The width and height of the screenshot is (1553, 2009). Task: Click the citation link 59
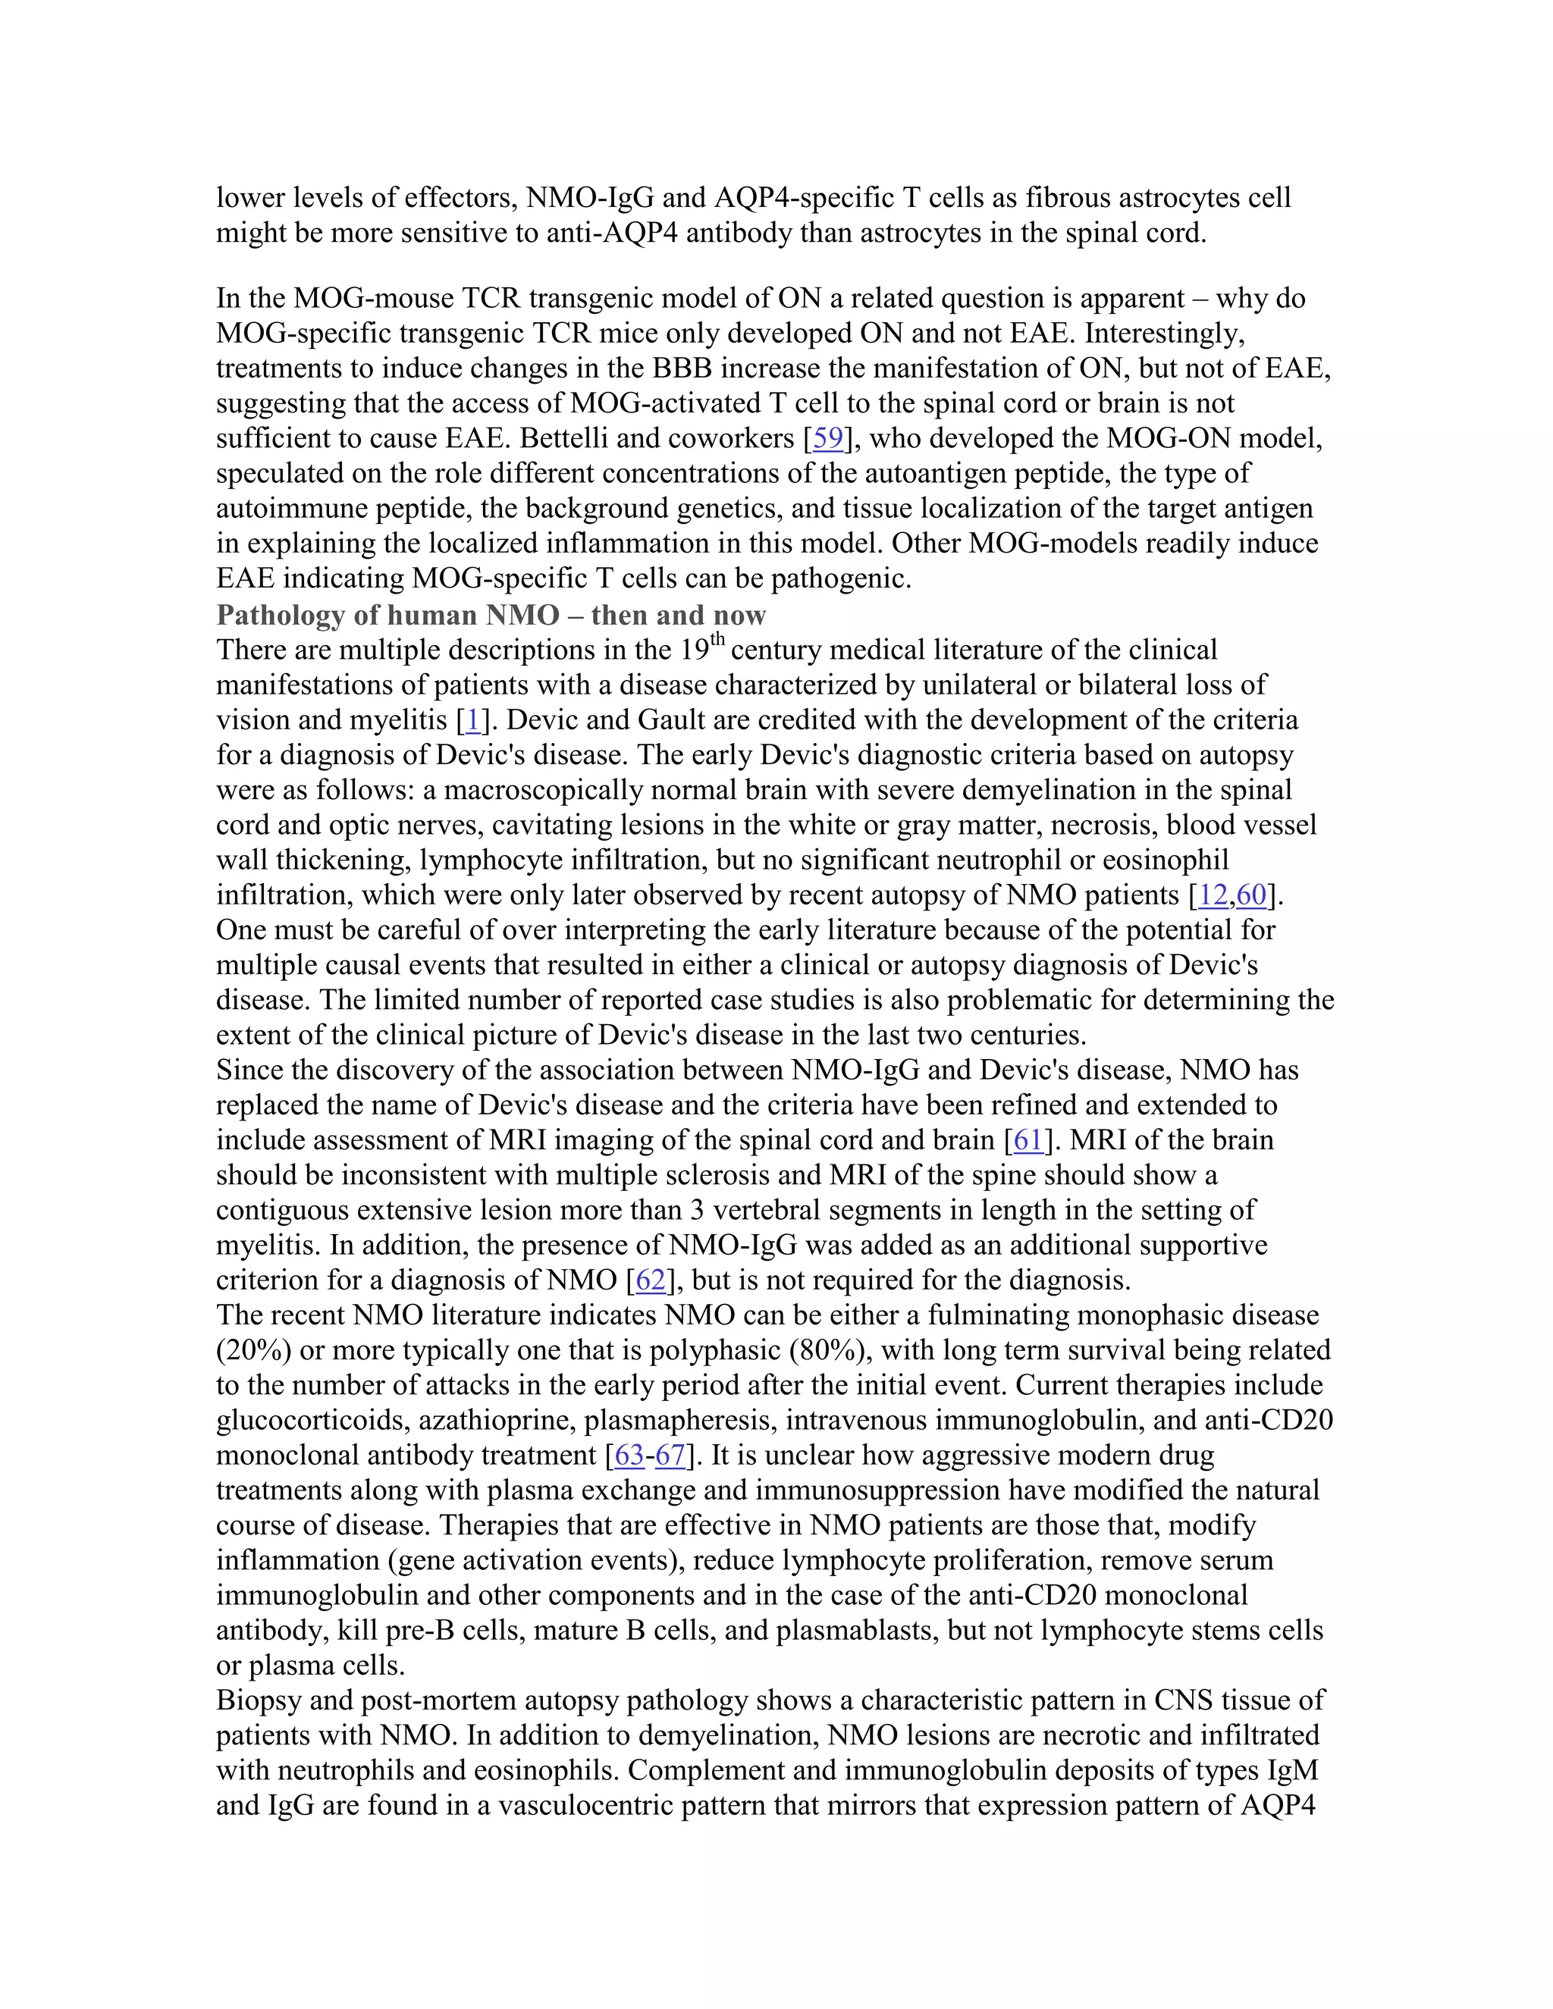click(828, 439)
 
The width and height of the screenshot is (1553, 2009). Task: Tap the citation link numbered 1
click(473, 720)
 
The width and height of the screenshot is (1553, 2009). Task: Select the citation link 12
click(1213, 895)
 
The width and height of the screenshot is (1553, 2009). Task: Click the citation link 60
click(1251, 895)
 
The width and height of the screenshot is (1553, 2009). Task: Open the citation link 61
click(1027, 1141)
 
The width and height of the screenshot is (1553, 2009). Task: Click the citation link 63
click(629, 1456)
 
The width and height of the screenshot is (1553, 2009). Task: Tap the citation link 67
click(670, 1456)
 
